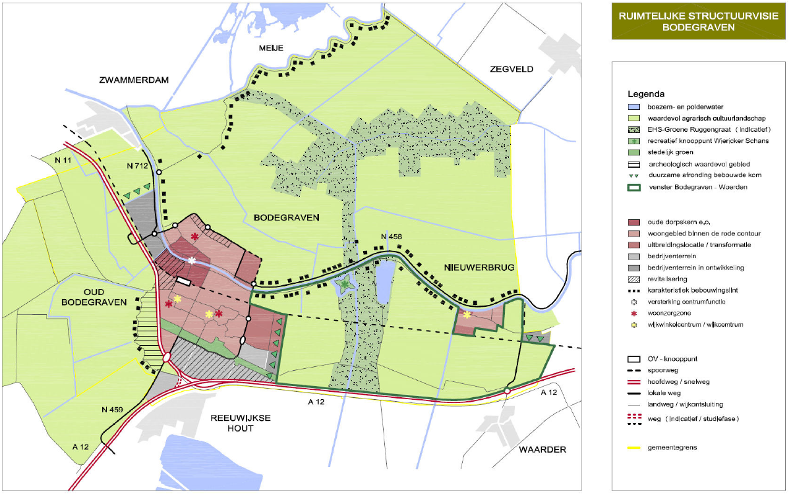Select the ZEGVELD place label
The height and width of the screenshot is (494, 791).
(x=511, y=69)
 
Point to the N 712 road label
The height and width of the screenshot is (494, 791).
(x=137, y=166)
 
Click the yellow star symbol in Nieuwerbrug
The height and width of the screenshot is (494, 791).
(x=467, y=315)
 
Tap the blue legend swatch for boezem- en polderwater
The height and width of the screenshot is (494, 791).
(x=635, y=107)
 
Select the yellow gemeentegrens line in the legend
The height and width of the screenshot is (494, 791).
(x=635, y=447)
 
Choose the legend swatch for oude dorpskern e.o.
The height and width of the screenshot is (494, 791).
(x=635, y=221)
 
